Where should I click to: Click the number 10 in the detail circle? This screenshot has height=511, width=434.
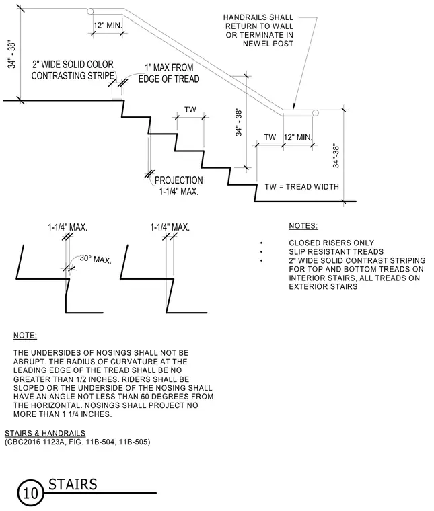point(31,493)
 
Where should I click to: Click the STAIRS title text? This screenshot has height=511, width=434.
point(73,485)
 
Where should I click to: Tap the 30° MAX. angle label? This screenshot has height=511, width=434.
point(96,259)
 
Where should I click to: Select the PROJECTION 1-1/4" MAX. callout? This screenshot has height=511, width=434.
point(179,186)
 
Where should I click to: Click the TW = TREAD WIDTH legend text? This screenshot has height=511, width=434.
point(301,187)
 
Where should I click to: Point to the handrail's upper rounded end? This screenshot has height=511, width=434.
point(90,11)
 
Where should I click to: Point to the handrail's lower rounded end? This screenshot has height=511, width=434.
point(316,113)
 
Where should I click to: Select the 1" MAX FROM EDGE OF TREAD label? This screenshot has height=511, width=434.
point(169,73)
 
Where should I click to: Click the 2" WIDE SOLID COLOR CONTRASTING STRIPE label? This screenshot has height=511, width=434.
point(73,70)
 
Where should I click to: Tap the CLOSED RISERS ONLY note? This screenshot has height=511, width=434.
point(331,243)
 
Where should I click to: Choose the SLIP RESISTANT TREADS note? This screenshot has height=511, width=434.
point(336,251)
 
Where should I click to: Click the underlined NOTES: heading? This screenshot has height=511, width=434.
point(303,226)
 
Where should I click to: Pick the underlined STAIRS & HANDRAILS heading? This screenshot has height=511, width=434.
point(45,433)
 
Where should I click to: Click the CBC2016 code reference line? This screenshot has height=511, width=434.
point(77,442)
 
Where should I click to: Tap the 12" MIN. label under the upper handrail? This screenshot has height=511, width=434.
point(108,25)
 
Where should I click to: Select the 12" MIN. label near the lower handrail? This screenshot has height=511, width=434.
point(298,137)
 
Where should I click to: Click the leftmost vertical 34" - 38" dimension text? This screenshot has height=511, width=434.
point(11,55)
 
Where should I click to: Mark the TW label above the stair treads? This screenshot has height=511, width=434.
point(190,109)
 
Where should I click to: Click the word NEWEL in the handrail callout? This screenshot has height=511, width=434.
point(254,44)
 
